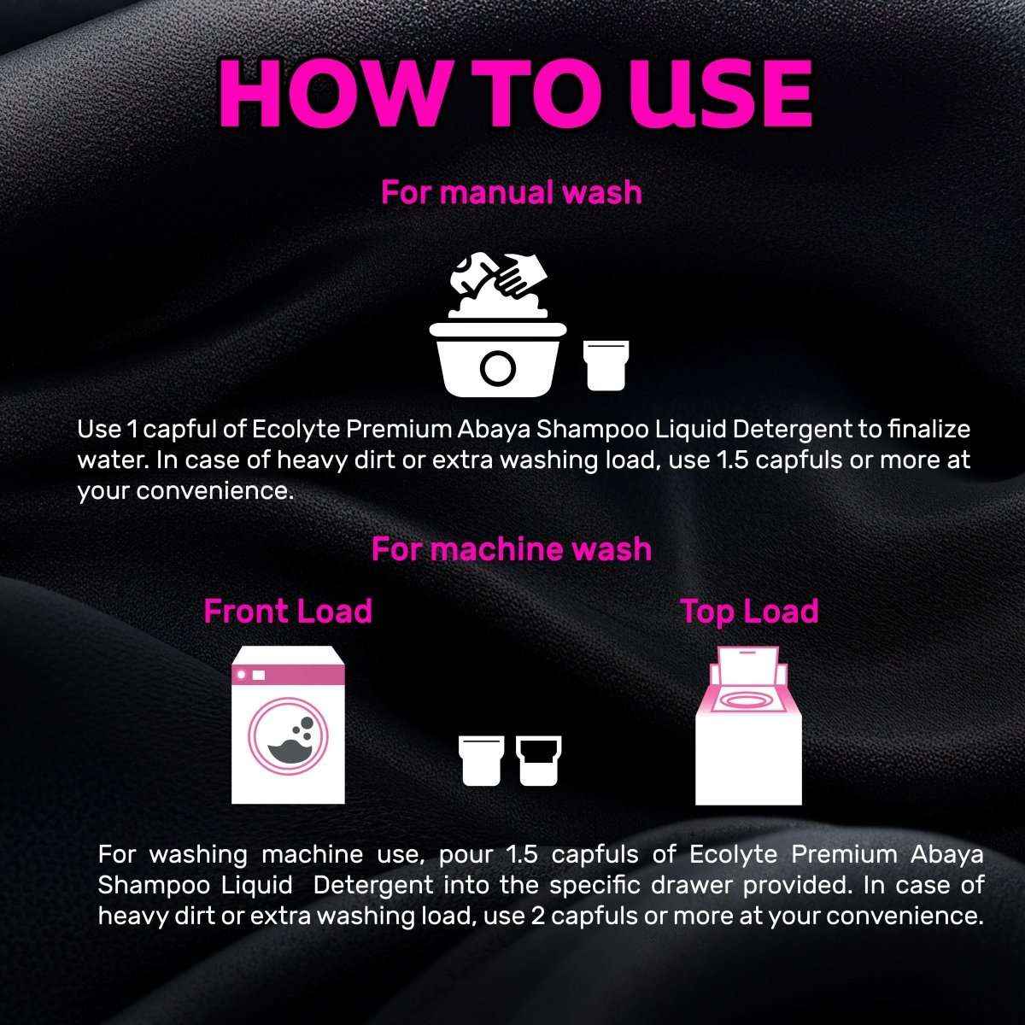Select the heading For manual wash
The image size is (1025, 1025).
(x=511, y=192)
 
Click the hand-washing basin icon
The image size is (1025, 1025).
(x=496, y=359)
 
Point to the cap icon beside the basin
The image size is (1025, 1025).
(x=606, y=364)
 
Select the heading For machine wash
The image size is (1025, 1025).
(x=511, y=548)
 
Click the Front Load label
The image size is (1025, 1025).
(x=288, y=612)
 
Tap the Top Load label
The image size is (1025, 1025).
(x=749, y=612)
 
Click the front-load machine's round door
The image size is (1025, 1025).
(x=288, y=736)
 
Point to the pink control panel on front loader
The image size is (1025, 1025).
(x=289, y=675)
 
